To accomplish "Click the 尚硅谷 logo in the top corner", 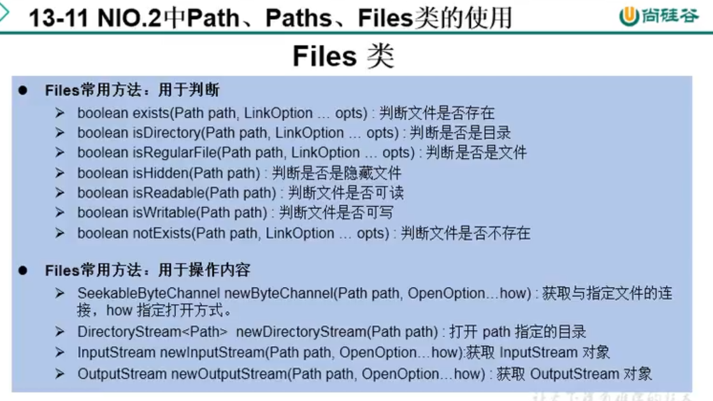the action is [x=659, y=16].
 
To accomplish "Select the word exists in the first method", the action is [x=151, y=113].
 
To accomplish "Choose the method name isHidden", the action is [x=160, y=173].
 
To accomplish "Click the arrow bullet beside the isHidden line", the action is [x=60, y=173].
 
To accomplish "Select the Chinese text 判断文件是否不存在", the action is [x=465, y=233].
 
